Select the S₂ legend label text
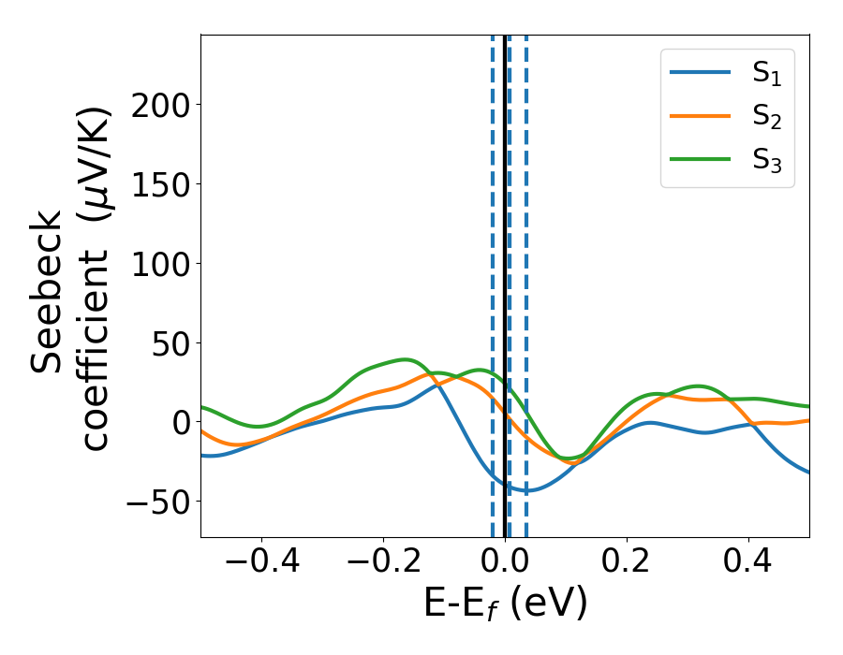point(767,118)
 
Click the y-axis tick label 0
point(177,423)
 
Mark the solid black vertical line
point(505,234)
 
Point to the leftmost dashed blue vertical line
point(493,234)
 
